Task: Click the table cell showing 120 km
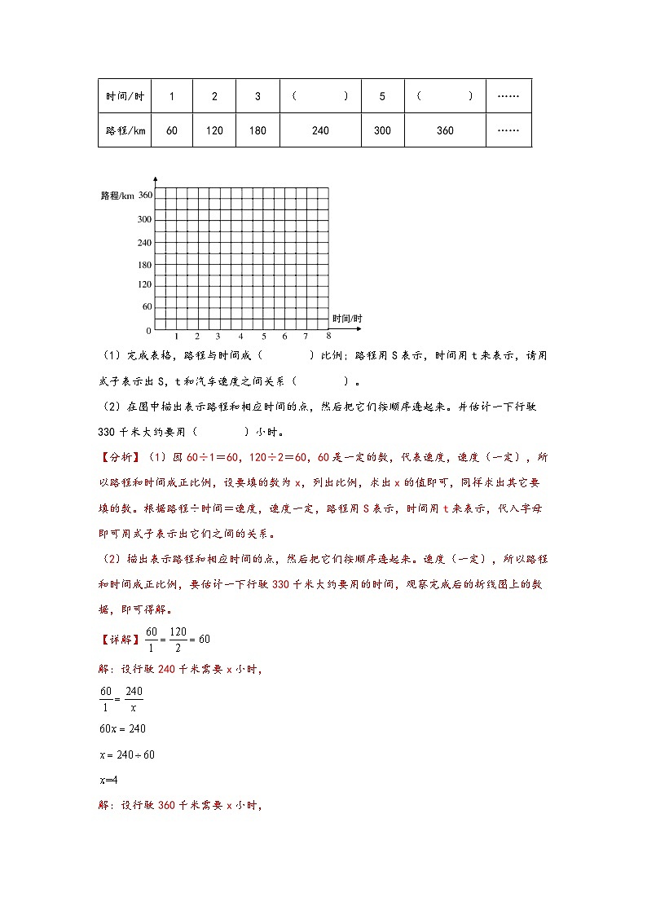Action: click(214, 130)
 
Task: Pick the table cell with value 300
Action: click(382, 130)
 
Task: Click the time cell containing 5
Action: click(382, 96)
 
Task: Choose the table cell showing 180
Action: click(257, 130)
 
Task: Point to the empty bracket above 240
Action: click(320, 96)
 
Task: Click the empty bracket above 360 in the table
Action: click(445, 96)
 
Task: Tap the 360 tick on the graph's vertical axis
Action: click(145, 195)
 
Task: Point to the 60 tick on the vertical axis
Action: click(147, 307)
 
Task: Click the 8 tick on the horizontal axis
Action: click(328, 335)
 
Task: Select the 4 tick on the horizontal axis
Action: click(240, 337)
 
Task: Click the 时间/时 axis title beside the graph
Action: click(347, 318)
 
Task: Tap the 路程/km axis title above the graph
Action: click(117, 196)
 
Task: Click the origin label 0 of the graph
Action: click(148, 331)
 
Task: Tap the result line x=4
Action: click(108, 780)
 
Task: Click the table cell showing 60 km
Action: click(171, 130)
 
